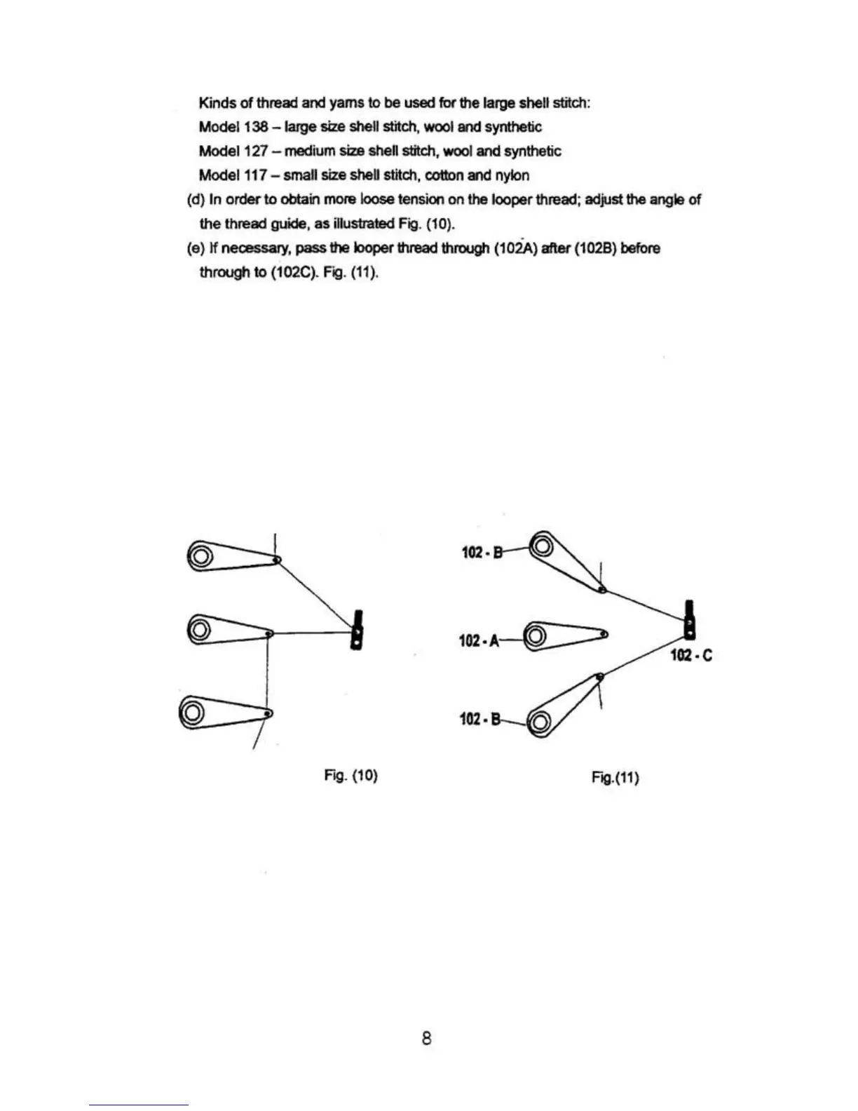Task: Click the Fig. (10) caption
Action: click(351, 775)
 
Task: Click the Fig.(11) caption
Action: click(615, 777)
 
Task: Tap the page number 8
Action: click(427, 1038)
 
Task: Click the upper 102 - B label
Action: click(482, 552)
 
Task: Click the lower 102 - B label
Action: click(480, 719)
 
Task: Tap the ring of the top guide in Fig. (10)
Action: click(199, 558)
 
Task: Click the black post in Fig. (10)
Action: click(358, 631)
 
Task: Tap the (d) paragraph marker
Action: click(194, 199)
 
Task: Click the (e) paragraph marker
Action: click(194, 248)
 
